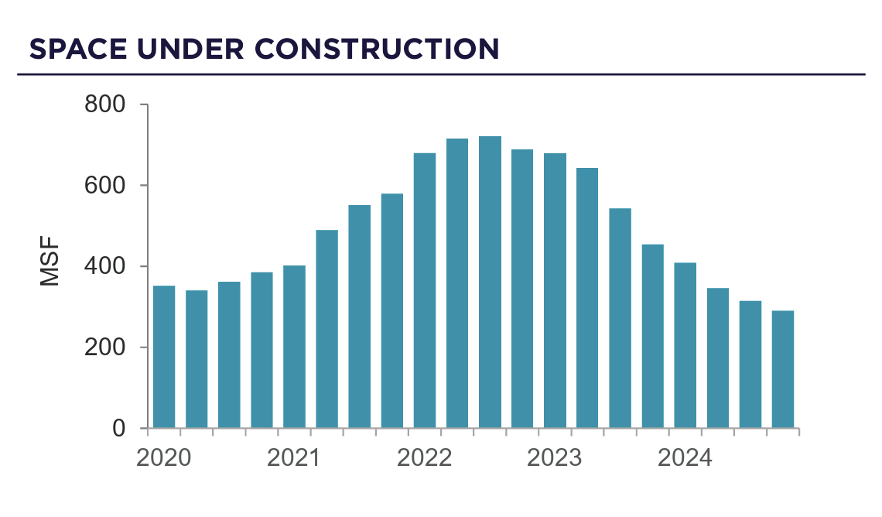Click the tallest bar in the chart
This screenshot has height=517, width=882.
point(490,282)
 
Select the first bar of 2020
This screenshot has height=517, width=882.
point(164,357)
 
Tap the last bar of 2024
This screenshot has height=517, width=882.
point(782,369)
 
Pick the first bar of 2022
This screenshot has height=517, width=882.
point(425,290)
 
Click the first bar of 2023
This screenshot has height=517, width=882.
point(555,290)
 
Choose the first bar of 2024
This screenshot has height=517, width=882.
point(685,345)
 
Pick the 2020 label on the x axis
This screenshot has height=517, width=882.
point(163,458)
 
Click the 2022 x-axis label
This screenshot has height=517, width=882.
point(424,458)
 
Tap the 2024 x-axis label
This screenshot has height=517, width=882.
point(684,458)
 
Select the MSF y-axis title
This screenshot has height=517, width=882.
point(50,267)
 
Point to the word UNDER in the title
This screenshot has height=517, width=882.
point(190,49)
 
